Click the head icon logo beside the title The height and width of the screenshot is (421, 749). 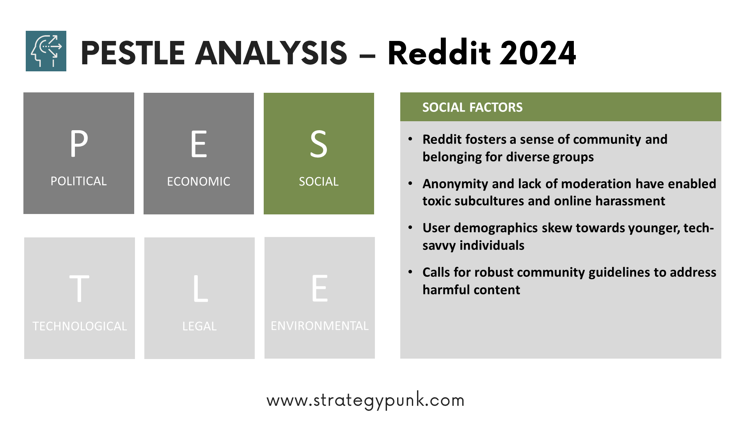(x=46, y=51)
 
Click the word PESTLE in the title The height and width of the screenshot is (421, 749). (x=133, y=53)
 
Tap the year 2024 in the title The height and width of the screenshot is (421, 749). (x=538, y=53)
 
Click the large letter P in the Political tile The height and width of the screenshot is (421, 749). (x=79, y=143)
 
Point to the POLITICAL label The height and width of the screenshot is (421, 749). (x=79, y=181)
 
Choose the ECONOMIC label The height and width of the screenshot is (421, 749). (x=199, y=182)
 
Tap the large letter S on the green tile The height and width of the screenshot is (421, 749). (x=319, y=144)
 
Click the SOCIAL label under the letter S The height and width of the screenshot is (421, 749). (x=319, y=182)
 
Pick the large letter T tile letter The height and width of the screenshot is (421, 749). (x=79, y=288)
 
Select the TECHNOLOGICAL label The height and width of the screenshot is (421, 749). (x=80, y=326)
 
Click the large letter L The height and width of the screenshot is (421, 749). (x=201, y=288)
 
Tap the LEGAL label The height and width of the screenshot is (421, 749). (x=199, y=326)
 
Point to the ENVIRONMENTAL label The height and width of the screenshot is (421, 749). (x=319, y=326)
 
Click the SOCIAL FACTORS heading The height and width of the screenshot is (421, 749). (x=472, y=107)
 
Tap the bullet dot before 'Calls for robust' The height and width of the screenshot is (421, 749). (x=410, y=272)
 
